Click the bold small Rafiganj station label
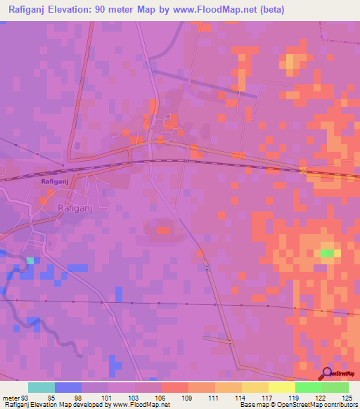pyautogui.click(x=53, y=181)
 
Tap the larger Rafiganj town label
pyautogui.click(x=75, y=208)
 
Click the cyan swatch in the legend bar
pyautogui.click(x=41, y=387)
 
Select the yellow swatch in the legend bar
pyautogui.click(x=281, y=387)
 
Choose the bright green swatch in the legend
pyautogui.click(x=308, y=387)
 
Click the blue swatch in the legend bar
pyautogui.click(x=67, y=387)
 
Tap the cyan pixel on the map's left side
pyautogui.click(x=30, y=260)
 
